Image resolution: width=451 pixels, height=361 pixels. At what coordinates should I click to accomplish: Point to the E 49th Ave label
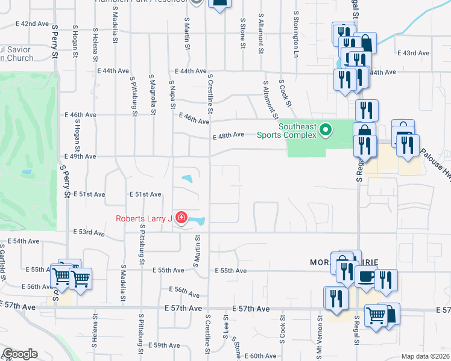click(80, 156)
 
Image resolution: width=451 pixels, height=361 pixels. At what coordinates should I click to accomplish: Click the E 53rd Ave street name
click(88, 232)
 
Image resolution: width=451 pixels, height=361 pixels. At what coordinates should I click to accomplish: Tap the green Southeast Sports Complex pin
click(326, 129)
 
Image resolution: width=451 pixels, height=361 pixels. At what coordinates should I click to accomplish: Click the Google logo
click(20, 354)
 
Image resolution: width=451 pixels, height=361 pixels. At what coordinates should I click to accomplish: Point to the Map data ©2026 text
click(425, 356)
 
